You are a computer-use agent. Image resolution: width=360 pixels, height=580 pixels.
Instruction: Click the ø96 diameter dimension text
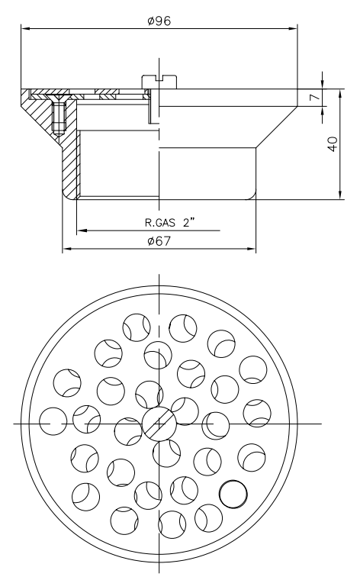(x=159, y=21)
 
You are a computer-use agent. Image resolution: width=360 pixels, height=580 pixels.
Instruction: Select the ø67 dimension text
(x=159, y=241)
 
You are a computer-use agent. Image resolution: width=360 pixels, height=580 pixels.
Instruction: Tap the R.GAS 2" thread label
(x=173, y=224)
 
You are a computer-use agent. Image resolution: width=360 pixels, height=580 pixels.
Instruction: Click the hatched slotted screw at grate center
(x=159, y=422)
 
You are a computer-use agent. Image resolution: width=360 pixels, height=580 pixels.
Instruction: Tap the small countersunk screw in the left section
(x=59, y=114)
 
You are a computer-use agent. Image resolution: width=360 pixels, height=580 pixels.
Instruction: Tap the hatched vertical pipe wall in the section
(x=70, y=164)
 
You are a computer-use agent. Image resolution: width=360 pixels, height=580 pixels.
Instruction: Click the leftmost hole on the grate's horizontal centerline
(x=53, y=421)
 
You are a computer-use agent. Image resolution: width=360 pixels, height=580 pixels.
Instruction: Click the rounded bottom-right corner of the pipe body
(x=252, y=195)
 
